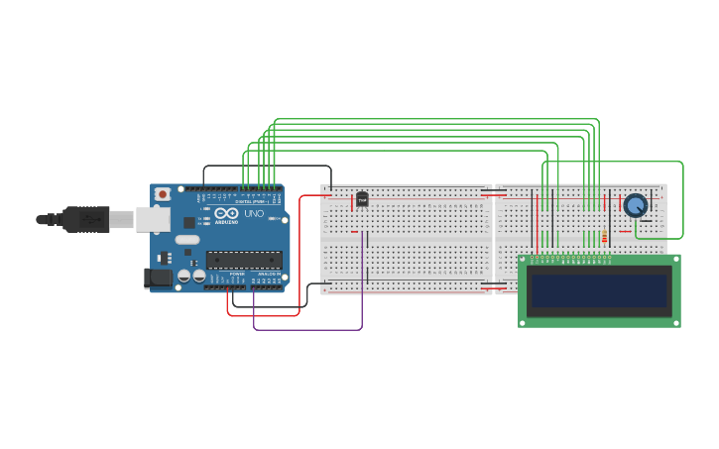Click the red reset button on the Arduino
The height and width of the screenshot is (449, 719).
[162, 195]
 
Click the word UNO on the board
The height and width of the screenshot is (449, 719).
[253, 214]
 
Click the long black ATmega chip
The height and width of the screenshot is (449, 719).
[244, 260]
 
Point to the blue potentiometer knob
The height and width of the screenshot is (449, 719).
[635, 205]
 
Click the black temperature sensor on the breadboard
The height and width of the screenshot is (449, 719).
[362, 199]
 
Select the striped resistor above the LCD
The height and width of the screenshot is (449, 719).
[604, 237]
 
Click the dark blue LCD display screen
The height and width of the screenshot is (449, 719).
[599, 290]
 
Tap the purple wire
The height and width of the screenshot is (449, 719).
[307, 329]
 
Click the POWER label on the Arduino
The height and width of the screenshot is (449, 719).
[237, 274]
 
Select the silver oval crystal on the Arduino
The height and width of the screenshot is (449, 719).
[187, 240]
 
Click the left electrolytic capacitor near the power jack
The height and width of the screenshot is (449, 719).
[183, 277]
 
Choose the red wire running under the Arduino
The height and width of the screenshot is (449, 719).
[263, 315]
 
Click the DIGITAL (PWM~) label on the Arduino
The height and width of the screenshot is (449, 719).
[256, 201]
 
